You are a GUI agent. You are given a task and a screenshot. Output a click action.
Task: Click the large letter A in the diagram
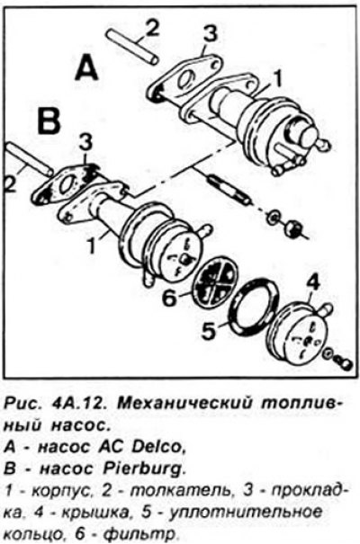(86, 68)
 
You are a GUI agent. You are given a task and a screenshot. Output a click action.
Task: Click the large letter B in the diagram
(49, 121)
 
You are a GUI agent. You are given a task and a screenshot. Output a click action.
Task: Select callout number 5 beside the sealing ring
(210, 330)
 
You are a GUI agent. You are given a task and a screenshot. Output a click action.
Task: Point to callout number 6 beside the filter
(170, 298)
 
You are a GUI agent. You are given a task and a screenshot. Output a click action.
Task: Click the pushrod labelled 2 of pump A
(132, 47)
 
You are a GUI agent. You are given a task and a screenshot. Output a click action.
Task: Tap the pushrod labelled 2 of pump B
(29, 158)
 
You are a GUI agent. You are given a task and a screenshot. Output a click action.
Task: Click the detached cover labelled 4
(300, 333)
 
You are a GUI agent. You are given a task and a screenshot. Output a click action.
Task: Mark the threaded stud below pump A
(228, 190)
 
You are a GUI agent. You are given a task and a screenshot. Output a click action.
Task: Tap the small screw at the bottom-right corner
(345, 363)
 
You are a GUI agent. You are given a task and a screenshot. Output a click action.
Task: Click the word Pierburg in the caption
(143, 469)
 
